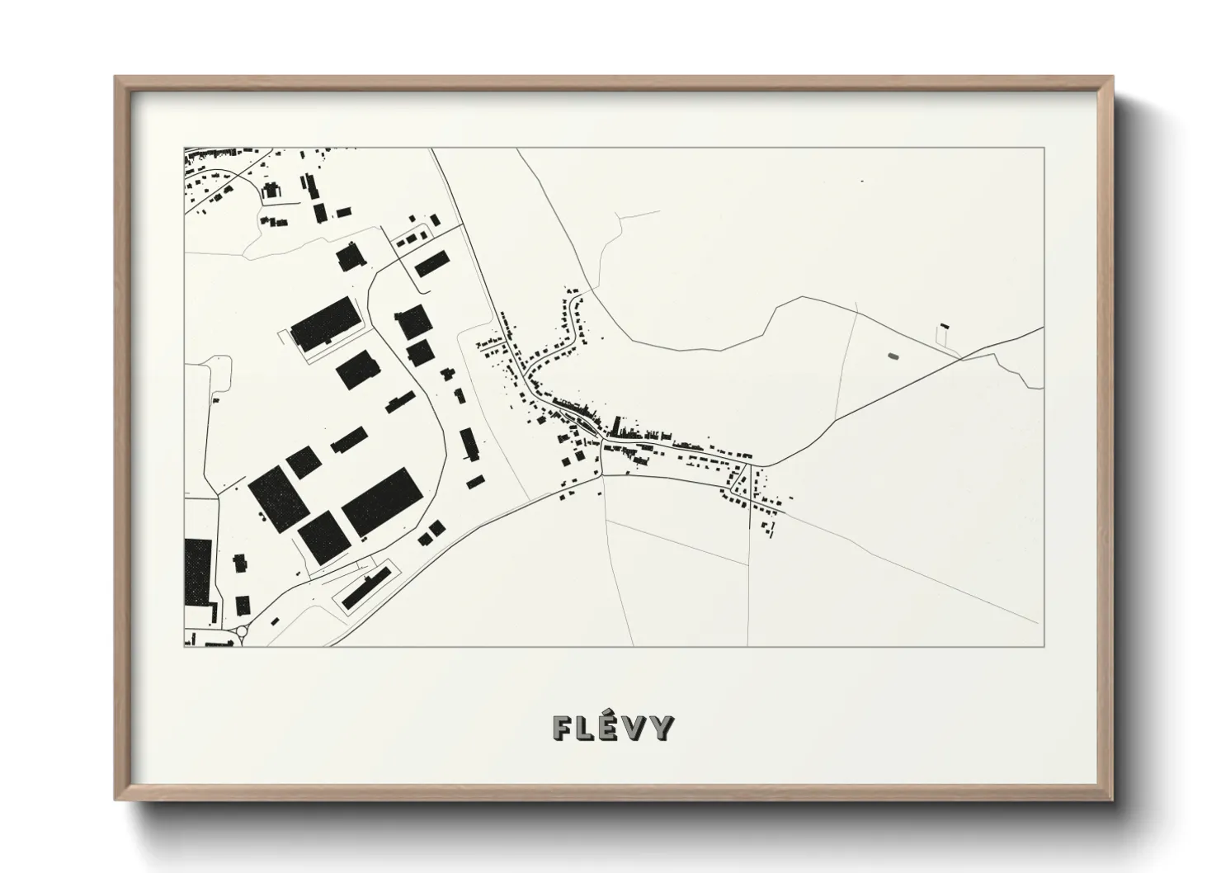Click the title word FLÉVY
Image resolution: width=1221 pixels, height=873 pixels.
click(613, 728)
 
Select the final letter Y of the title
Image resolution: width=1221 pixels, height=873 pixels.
click(662, 728)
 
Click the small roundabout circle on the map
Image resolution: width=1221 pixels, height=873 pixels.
click(242, 632)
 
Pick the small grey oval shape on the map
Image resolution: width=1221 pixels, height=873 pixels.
click(892, 356)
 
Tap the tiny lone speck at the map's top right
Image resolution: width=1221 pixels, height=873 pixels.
click(861, 180)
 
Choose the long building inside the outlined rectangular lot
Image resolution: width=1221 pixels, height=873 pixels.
click(365, 587)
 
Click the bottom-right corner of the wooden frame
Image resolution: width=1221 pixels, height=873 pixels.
click(1111, 800)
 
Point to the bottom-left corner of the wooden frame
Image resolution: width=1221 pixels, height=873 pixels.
click(116, 800)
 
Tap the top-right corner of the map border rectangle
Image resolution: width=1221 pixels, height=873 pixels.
click(1044, 148)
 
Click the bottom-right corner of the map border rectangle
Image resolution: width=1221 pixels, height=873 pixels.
click(1044, 646)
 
